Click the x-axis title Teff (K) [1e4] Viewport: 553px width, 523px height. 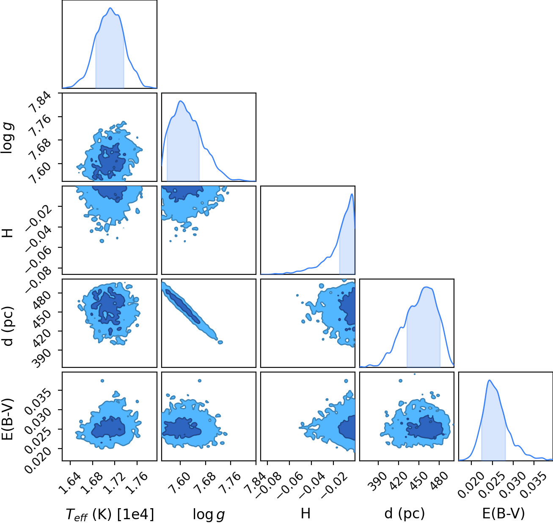coord(110,514)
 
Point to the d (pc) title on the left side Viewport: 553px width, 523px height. coord(8,326)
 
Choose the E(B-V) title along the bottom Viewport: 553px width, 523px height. coord(503,513)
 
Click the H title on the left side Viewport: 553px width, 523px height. coord(8,233)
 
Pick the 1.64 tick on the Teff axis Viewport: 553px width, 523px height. coord(70,482)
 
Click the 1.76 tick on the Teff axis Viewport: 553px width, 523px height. coord(137,482)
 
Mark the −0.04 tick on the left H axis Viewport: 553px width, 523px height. coord(39,239)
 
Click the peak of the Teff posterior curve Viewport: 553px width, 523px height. coord(110,8)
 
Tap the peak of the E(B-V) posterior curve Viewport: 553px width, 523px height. coord(490,380)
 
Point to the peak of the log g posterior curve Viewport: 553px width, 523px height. coord(181,101)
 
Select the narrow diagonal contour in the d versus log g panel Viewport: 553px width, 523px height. coord(191,312)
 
